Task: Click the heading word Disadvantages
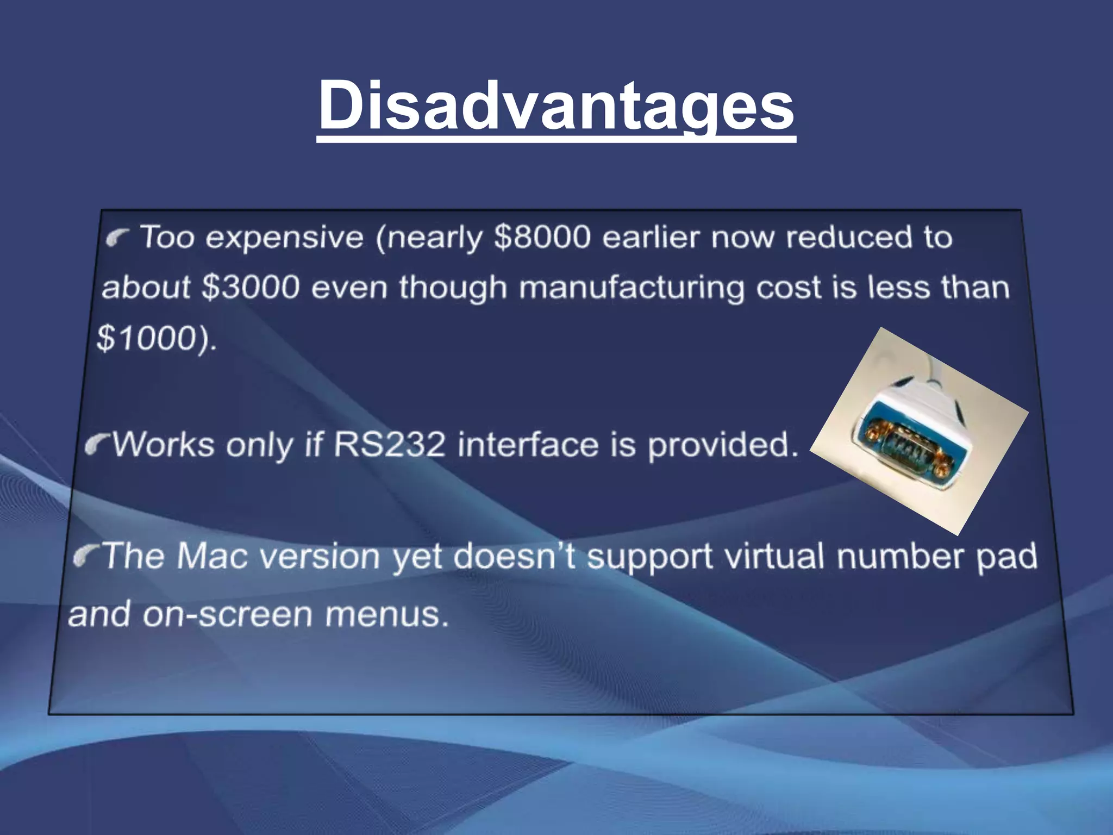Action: [556, 106]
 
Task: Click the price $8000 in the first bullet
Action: [542, 238]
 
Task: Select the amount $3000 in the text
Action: [251, 287]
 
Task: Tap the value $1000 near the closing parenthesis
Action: [145, 338]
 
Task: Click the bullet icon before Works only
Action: [97, 445]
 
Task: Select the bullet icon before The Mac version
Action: [86, 555]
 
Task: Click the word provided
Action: [723, 445]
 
